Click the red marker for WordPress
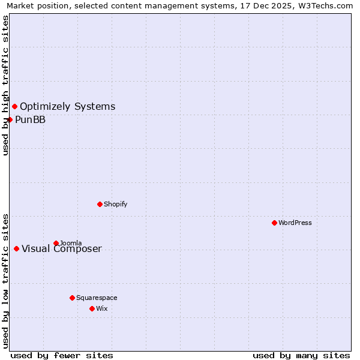[x=274, y=223]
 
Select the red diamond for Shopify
[x=100, y=204]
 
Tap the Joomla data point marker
[x=56, y=243]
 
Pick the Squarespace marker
[x=72, y=298]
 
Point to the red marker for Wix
[x=92, y=308]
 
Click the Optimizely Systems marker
[x=14, y=106]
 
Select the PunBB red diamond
[x=10, y=119]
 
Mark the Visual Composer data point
[x=16, y=248]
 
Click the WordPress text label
[x=295, y=223]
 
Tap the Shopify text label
[x=116, y=204]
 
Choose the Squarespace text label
[x=97, y=298]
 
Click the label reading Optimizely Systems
[x=68, y=107]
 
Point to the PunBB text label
[x=31, y=119]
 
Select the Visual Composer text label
[x=62, y=249]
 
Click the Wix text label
[x=102, y=308]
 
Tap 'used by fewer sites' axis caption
[x=62, y=355]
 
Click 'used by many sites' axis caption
[x=301, y=355]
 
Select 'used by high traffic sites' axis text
[x=5, y=85]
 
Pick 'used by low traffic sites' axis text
[x=5, y=280]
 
